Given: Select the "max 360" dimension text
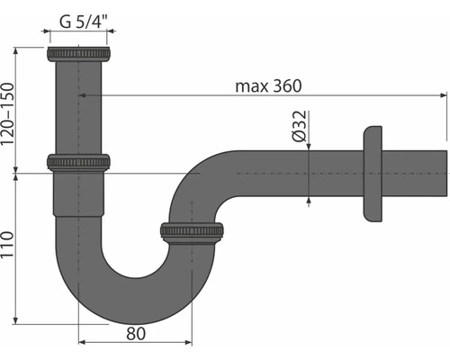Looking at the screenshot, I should click(267, 85).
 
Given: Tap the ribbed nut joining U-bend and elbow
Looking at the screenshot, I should click(192, 231).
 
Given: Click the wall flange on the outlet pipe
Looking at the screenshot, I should click(373, 173).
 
